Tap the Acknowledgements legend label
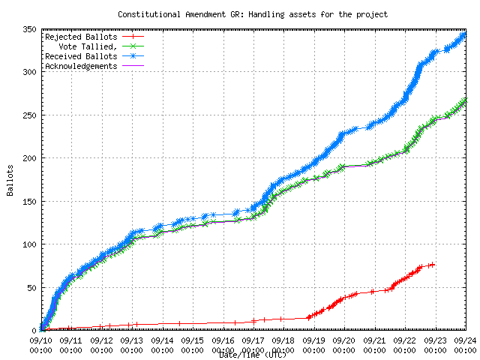(x=81, y=66)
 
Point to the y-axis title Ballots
(x=10, y=180)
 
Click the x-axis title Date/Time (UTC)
(x=252, y=355)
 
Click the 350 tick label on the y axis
(x=29, y=29)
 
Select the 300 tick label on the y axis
(x=29, y=72)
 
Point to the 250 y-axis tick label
(x=29, y=115)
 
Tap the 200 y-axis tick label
(x=29, y=158)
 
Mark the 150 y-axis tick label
(x=29, y=202)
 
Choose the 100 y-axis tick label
(x=29, y=244)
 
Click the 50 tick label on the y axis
(x=31, y=287)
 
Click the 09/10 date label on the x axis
(x=40, y=340)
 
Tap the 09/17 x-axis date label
(x=253, y=340)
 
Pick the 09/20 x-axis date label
(x=344, y=340)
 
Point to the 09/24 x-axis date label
(x=465, y=340)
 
